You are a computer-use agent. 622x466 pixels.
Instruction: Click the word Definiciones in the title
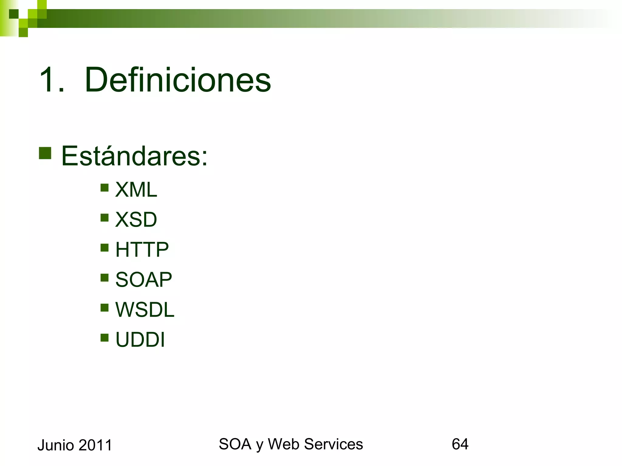point(178,80)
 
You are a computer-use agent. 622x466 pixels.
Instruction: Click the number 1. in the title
point(52,80)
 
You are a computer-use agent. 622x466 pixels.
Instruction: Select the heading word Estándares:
point(134,156)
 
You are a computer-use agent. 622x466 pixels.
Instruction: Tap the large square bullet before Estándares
point(45,153)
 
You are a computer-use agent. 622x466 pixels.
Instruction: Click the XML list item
point(136,190)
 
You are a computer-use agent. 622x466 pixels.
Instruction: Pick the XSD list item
point(136,219)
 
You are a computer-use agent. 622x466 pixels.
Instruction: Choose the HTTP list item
point(142,249)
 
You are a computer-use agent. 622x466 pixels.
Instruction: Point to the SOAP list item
point(143,279)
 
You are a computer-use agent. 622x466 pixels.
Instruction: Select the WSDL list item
point(145,309)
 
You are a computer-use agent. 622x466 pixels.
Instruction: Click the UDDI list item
point(140,339)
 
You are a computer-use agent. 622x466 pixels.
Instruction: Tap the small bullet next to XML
point(104,188)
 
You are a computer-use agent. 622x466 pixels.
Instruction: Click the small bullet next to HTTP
point(104,248)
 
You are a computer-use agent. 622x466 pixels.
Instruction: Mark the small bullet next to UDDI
point(104,338)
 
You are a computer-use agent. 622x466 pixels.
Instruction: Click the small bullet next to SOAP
point(104,278)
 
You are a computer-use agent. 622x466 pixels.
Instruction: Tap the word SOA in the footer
point(235,444)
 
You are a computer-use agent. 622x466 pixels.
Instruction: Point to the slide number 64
point(460,444)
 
